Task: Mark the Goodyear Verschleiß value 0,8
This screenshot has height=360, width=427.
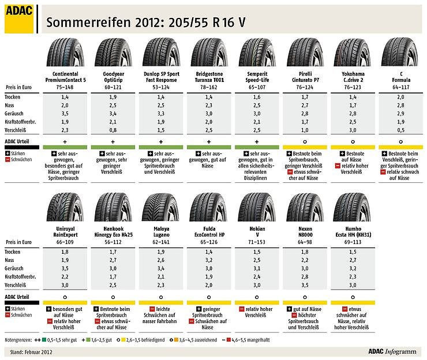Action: click(113, 131)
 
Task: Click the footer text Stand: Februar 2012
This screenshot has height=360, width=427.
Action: click(29, 351)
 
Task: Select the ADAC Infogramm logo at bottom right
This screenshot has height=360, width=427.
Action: click(390, 350)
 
